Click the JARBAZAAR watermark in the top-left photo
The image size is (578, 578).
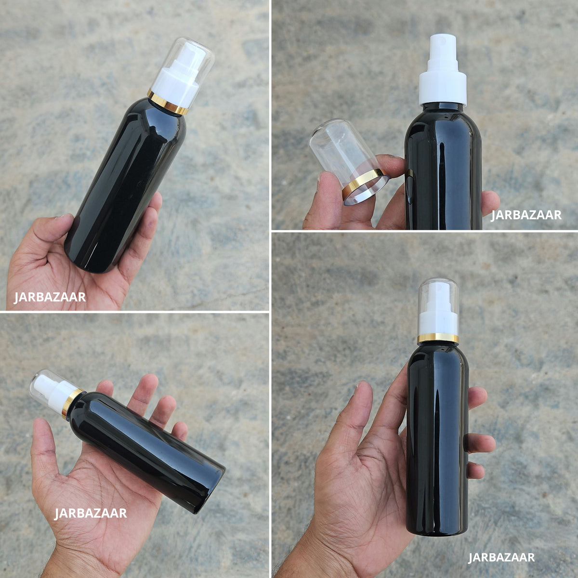(x=50, y=297)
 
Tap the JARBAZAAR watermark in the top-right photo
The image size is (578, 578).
(x=526, y=215)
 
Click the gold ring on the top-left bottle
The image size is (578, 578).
(x=167, y=102)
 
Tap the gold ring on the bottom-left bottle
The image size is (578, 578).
(x=72, y=404)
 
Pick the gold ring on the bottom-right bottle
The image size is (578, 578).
(x=438, y=338)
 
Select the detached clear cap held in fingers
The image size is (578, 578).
(x=348, y=160)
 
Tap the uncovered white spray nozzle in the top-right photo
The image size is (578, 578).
(x=443, y=46)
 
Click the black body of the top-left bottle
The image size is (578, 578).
(x=126, y=186)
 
